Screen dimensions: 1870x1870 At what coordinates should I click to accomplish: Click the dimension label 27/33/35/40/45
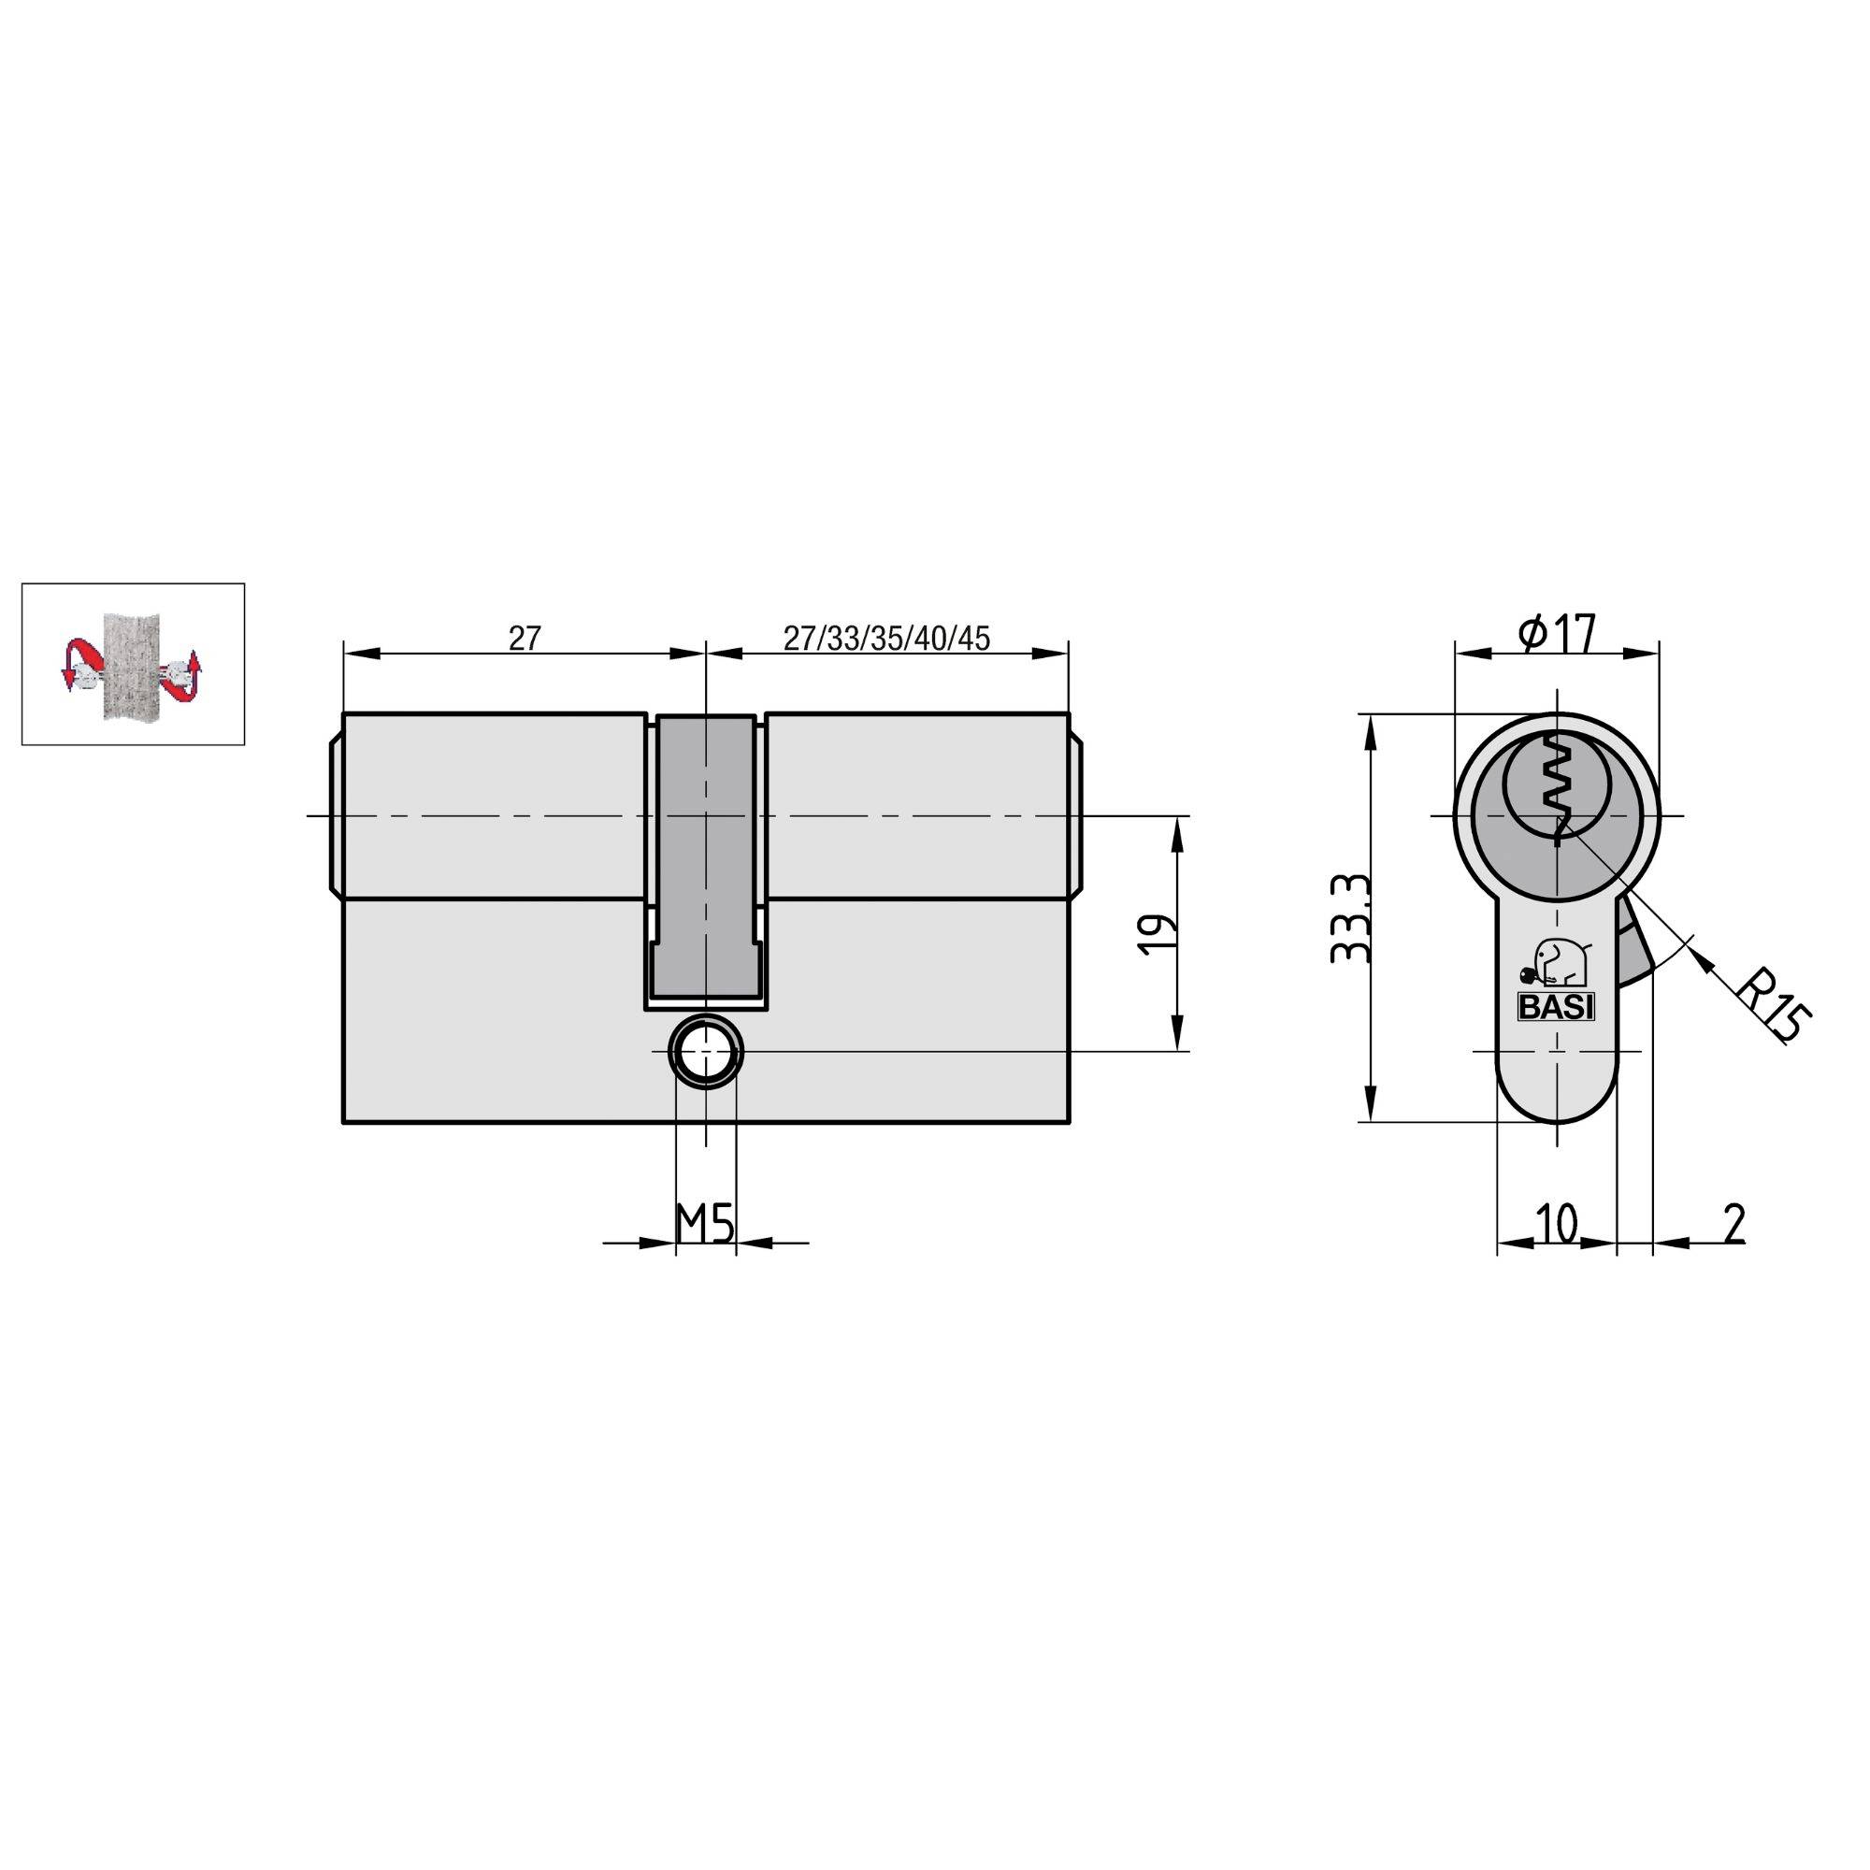[885, 639]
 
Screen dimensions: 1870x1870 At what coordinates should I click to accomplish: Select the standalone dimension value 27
[524, 639]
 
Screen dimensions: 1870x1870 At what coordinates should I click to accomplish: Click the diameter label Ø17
[1557, 635]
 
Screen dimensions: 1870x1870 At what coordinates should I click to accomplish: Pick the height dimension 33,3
[1350, 918]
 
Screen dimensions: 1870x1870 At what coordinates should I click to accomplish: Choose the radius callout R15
[1770, 1007]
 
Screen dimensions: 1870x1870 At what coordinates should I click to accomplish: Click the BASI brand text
[1556, 1008]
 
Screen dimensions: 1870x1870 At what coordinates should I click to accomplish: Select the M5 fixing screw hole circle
[707, 1051]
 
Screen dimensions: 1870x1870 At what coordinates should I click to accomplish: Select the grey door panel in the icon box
[130, 664]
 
